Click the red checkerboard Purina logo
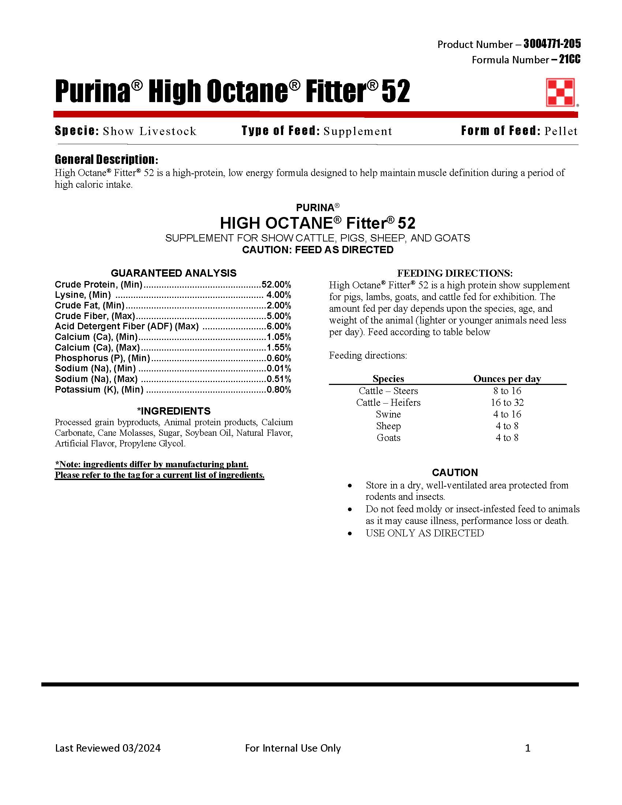pos(560,92)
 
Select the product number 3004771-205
pos(552,44)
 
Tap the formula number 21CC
pos(569,59)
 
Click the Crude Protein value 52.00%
pos(276,285)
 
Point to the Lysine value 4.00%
pos(278,295)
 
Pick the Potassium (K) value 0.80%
pos(278,390)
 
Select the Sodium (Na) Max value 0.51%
pos(278,379)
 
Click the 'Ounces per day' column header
pos(507,379)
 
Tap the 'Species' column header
pos(388,379)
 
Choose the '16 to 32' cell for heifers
pos(507,402)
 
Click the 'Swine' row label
pos(388,414)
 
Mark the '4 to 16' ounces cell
pos(507,414)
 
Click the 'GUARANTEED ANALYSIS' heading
pos(173,273)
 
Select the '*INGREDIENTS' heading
pos(173,411)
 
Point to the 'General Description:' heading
pos(106,160)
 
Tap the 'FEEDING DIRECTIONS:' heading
pos(455,273)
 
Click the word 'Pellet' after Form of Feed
pos(561,131)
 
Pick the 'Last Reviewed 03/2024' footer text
pos(108,748)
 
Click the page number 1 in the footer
pos(528,748)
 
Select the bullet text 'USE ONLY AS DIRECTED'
pos(424,533)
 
